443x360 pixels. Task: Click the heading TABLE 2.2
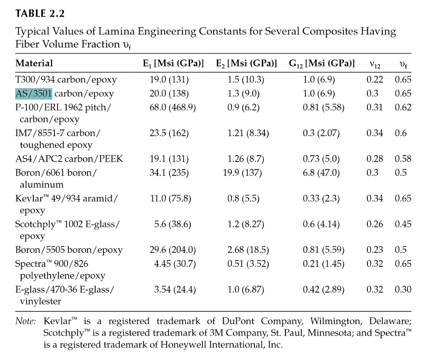coord(40,13)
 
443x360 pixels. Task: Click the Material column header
coord(34,64)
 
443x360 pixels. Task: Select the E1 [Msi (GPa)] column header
coord(173,64)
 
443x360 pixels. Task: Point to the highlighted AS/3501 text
coord(34,94)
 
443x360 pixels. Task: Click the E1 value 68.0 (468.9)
coord(173,107)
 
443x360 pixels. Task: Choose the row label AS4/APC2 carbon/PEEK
coord(69,159)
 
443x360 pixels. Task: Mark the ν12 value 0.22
coord(375,80)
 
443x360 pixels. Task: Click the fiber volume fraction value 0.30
coord(403,290)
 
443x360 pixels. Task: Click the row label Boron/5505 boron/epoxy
coord(69,250)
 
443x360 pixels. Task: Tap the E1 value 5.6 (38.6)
coord(173,224)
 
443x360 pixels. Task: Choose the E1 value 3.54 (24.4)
coord(175,290)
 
